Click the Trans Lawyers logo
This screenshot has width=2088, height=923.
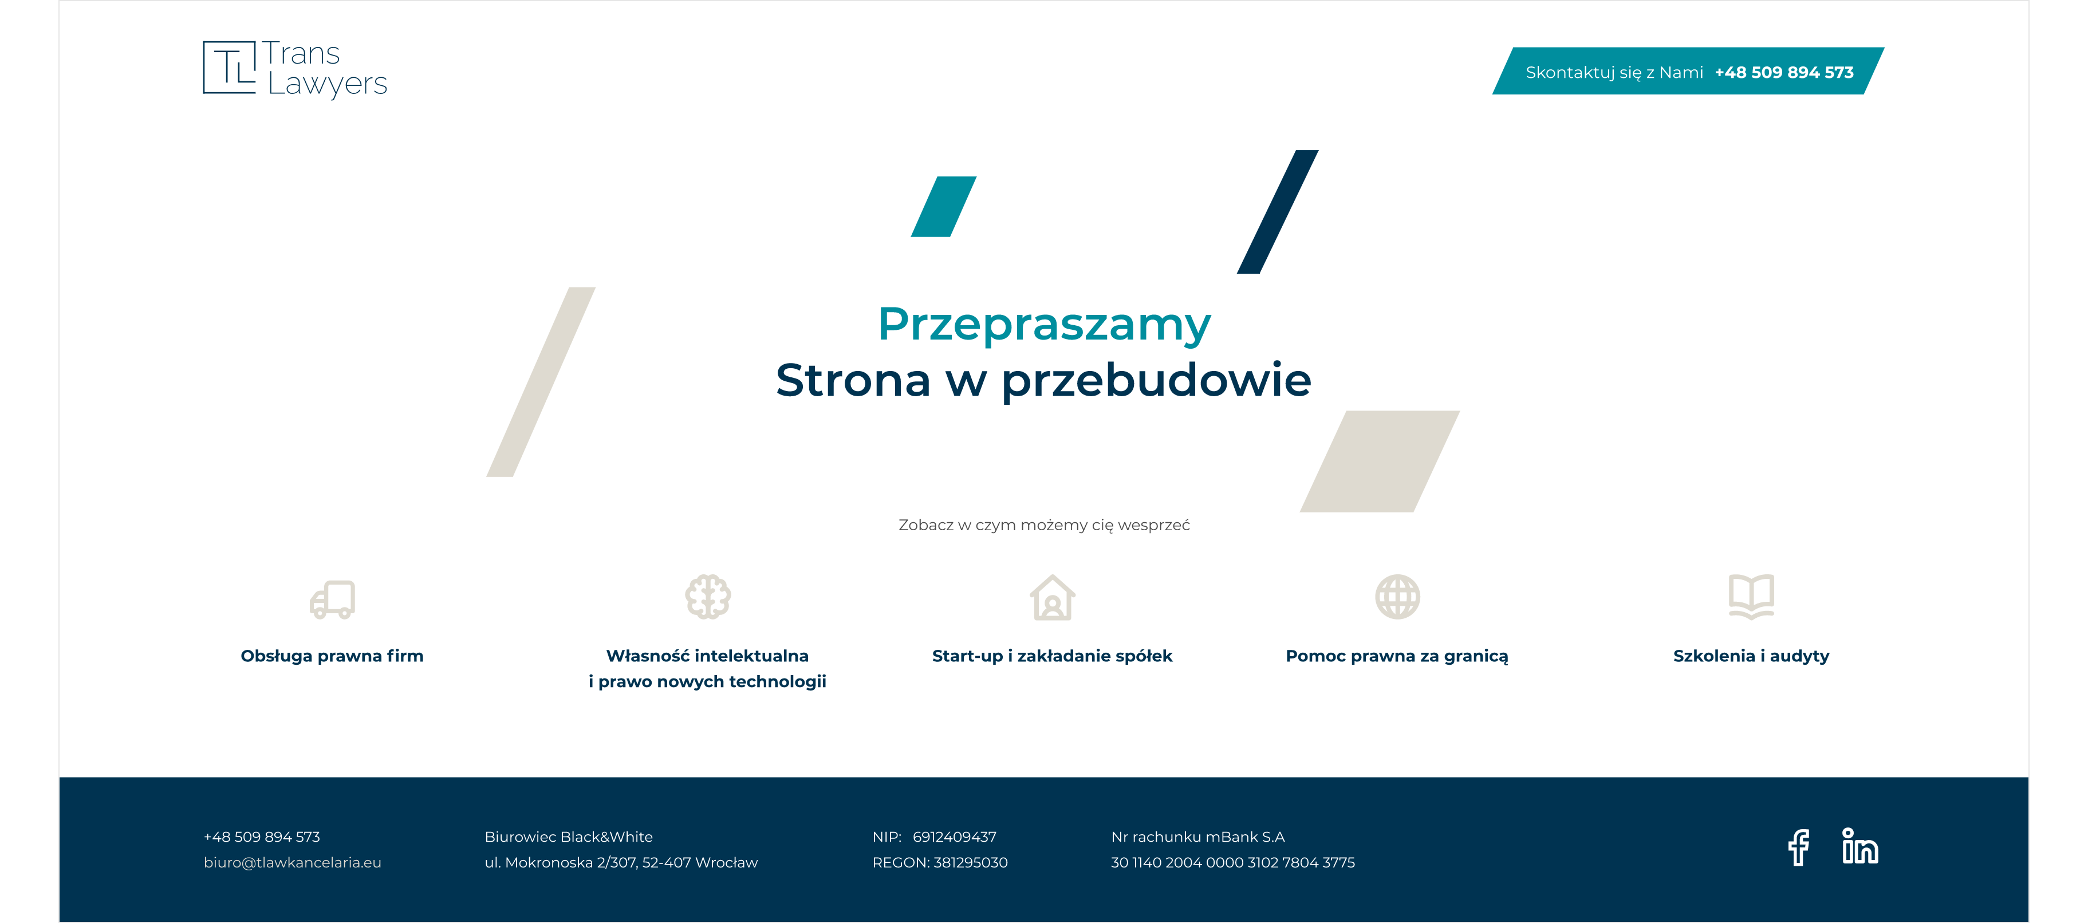(295, 68)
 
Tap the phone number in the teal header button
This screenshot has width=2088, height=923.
(1783, 72)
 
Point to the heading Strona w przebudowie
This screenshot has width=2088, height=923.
(1043, 380)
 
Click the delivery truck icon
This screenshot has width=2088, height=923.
(332, 599)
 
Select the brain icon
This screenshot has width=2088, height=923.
(708, 597)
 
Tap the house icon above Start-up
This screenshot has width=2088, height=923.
(1052, 597)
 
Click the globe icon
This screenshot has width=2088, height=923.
(1397, 597)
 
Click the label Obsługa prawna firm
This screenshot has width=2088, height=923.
(332, 656)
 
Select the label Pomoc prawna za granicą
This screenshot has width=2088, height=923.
(1397, 656)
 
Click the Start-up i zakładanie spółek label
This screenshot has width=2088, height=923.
(1052, 656)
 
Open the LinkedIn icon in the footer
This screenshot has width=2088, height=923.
(1859, 846)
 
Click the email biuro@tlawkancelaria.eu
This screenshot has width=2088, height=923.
(293, 862)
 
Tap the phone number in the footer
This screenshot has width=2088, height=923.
(262, 837)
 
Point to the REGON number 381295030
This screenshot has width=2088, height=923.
(970, 862)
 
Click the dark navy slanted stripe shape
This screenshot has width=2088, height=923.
(1278, 211)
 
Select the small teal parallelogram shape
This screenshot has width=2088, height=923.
(943, 207)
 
